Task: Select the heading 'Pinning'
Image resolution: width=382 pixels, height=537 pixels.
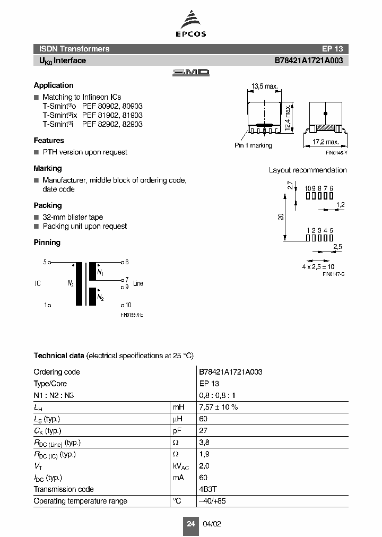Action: tap(47, 242)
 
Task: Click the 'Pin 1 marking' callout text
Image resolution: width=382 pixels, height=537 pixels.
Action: tap(253, 145)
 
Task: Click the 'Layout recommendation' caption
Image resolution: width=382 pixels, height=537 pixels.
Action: tap(307, 170)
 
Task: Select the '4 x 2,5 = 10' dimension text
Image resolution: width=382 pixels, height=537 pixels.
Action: tap(318, 266)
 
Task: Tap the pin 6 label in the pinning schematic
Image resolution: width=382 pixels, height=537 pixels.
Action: tap(127, 262)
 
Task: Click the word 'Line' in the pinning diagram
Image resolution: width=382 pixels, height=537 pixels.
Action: tap(138, 283)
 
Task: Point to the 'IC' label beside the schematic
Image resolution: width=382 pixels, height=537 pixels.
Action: tap(38, 284)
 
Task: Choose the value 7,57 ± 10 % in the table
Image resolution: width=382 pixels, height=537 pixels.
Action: tap(218, 407)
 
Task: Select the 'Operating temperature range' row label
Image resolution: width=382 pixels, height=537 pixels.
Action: tap(80, 501)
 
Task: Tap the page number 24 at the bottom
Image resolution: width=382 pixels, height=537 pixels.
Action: tap(190, 524)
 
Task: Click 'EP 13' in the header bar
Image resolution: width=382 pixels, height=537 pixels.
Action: tap(332, 49)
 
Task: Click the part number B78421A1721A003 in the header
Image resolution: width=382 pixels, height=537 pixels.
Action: tap(308, 60)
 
